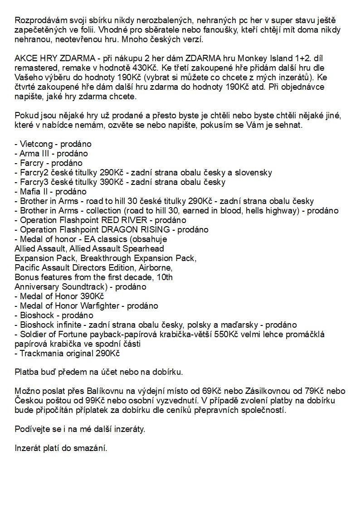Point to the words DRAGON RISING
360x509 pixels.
tap(138, 230)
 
